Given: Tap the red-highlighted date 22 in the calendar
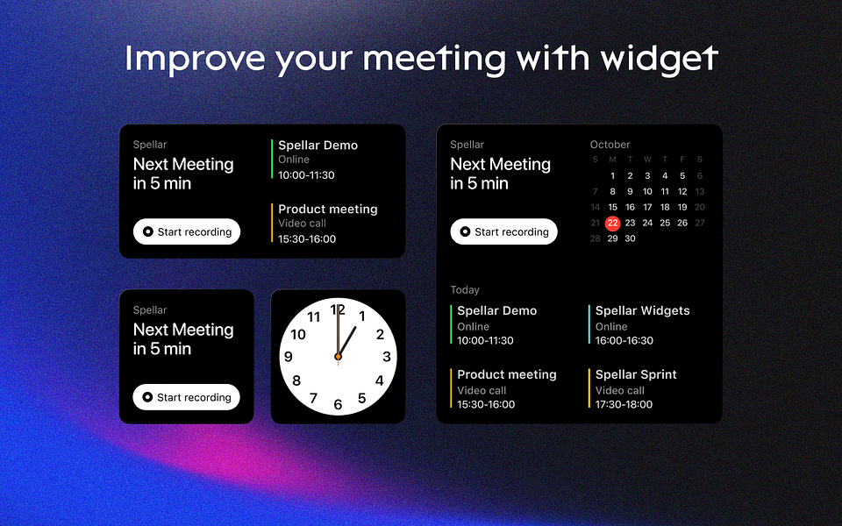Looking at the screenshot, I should click(x=612, y=223).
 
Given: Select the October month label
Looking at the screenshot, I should click(x=610, y=145).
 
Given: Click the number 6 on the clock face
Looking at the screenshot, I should click(x=338, y=404).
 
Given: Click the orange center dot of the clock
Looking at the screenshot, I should click(x=338, y=357).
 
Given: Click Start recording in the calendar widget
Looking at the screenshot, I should click(x=503, y=231).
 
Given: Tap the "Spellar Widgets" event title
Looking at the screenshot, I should click(x=642, y=310).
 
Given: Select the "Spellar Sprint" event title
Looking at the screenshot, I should click(x=636, y=374).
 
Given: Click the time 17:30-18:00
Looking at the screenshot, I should click(x=624, y=404).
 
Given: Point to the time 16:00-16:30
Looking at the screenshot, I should click(x=624, y=340).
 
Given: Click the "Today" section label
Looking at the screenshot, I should click(x=465, y=290).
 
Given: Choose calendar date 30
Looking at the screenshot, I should click(x=630, y=238).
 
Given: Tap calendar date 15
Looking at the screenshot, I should click(x=612, y=207).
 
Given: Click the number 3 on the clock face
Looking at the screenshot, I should click(x=387, y=357).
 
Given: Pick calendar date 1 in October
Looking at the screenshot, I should click(x=612, y=175).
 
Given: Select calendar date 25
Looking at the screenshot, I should click(x=665, y=223).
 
